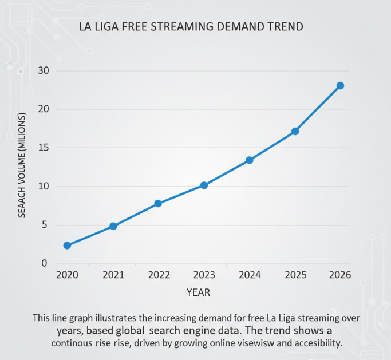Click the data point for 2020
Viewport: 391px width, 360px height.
(67, 246)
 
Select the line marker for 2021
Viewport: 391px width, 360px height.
(113, 226)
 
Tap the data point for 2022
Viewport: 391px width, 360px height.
(158, 203)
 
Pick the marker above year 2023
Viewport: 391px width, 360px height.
(204, 185)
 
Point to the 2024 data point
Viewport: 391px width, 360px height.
(250, 160)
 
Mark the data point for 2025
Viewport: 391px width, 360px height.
(295, 131)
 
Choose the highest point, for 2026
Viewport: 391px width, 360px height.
(340, 85)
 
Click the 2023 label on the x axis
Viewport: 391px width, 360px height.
(204, 275)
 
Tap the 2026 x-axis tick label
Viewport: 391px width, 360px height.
(339, 275)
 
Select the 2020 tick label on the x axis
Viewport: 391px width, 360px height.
(67, 275)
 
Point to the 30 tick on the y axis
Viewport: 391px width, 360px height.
(44, 70)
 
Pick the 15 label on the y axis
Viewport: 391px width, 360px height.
(44, 148)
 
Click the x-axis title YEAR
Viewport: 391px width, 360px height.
(198, 292)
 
